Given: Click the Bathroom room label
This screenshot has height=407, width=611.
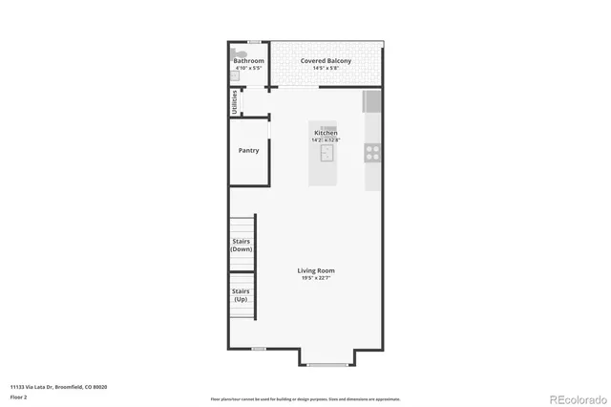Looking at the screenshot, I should point(249,61).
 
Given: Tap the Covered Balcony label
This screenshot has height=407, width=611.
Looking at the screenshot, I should point(326,61).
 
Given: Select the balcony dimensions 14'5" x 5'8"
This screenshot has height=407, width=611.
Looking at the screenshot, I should point(326,69).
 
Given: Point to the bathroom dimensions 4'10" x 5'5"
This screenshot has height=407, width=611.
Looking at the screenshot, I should point(249,69).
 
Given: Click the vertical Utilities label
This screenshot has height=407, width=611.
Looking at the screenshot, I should point(235,102).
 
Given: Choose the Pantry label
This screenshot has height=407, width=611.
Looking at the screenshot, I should point(248,150).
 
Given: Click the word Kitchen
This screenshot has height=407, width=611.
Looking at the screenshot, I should point(326,133).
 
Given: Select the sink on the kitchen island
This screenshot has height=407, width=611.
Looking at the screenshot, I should point(327,155).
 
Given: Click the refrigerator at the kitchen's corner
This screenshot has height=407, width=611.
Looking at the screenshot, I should point(372,101).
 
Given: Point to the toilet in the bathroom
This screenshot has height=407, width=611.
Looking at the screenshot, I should point(239,54).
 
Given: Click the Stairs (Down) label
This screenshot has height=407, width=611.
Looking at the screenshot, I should point(242,245).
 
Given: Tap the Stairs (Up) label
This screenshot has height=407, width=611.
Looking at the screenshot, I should point(242,294).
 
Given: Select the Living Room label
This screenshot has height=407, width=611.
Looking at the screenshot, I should point(316,270).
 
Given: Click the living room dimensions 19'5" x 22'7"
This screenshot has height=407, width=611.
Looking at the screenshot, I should point(316,278).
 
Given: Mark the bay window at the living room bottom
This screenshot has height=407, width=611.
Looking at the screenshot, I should point(329,364).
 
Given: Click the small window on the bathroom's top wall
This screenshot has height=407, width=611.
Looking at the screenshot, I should point(255,42).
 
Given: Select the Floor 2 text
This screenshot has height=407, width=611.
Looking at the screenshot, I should point(18,396).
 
